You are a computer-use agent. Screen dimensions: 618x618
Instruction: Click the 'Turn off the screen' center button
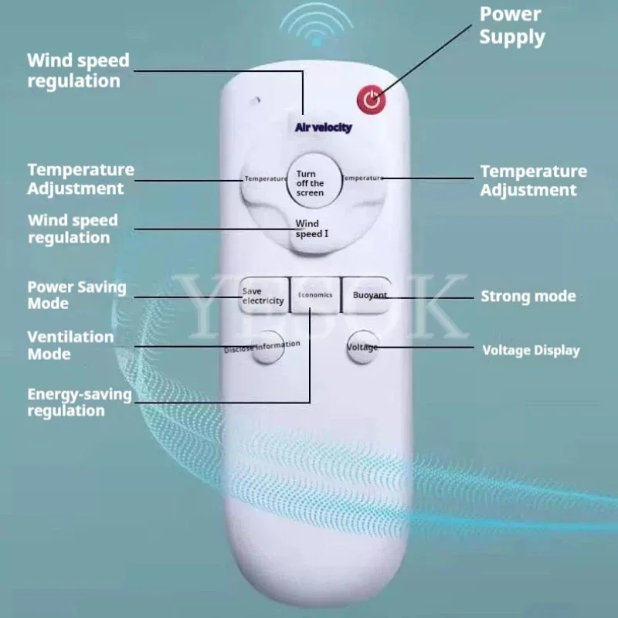point(311,183)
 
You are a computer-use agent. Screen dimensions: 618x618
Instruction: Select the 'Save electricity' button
point(263,296)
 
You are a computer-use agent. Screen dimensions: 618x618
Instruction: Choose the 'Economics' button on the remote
point(315,295)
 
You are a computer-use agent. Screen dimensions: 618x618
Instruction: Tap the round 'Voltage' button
point(362,347)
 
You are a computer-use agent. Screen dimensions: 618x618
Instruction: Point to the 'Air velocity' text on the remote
point(323,127)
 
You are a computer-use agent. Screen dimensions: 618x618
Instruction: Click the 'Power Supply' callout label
point(511,25)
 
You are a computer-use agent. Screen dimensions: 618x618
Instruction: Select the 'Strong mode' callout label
point(528,296)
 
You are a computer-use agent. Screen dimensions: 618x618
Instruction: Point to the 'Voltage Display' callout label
point(531,350)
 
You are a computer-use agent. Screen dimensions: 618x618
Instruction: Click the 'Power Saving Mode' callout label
point(76,294)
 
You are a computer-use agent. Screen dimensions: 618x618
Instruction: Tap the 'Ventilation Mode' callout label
point(70,345)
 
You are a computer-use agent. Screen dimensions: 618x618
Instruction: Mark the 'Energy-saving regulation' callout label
point(80,402)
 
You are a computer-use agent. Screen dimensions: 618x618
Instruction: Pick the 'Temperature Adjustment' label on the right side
point(533,180)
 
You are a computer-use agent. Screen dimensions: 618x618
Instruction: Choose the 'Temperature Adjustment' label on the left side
point(80,178)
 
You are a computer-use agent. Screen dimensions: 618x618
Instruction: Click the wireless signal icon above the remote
point(315,29)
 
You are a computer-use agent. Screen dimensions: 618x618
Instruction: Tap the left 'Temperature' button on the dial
point(263,179)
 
